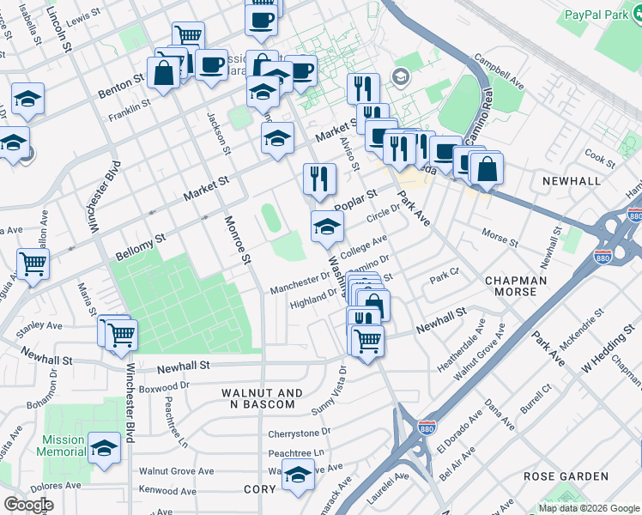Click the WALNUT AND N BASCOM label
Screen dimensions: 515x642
pyautogui.click(x=262, y=399)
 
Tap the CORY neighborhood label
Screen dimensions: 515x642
pyautogui.click(x=259, y=489)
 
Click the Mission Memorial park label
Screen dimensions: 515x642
pyautogui.click(x=63, y=445)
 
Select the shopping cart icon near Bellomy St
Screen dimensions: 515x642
pyautogui.click(x=33, y=264)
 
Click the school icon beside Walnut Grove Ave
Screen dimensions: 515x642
pyautogui.click(x=298, y=474)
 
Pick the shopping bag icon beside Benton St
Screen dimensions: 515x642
pyautogui.click(x=162, y=73)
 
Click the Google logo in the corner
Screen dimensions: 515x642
pyautogui.click(x=28, y=505)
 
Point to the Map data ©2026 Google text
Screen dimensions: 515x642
pyautogui.click(x=588, y=508)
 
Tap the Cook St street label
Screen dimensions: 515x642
pyautogui.click(x=600, y=158)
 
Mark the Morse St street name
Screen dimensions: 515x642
pyautogui.click(x=500, y=235)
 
